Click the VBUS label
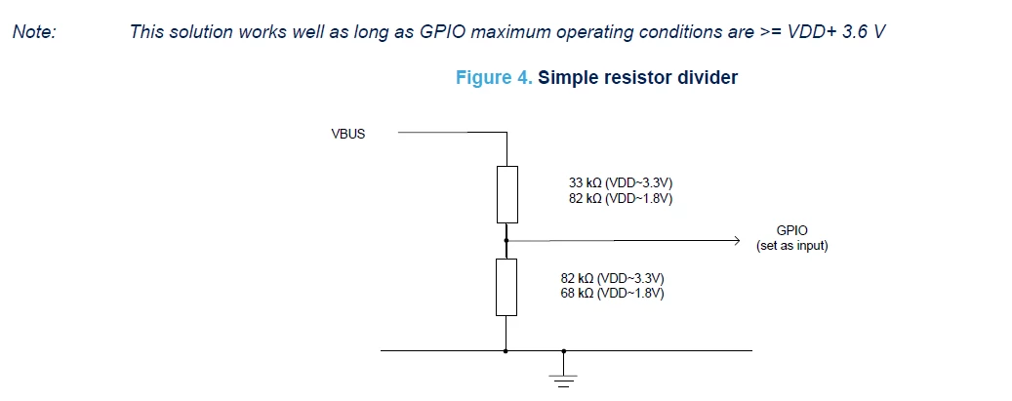(347, 135)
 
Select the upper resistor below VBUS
(506, 194)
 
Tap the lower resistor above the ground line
(506, 288)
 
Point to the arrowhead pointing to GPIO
(735, 241)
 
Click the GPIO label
(791, 230)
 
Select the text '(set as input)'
(791, 246)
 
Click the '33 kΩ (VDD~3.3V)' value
(621, 183)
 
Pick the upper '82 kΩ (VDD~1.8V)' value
(621, 199)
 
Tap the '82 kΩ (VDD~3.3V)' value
(613, 278)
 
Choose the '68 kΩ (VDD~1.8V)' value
(613, 294)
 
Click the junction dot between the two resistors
(506, 241)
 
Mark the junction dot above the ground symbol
(563, 350)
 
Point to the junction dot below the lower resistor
(506, 350)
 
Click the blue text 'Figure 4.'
(495, 78)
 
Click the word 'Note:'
(35, 31)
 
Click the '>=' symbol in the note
(771, 32)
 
